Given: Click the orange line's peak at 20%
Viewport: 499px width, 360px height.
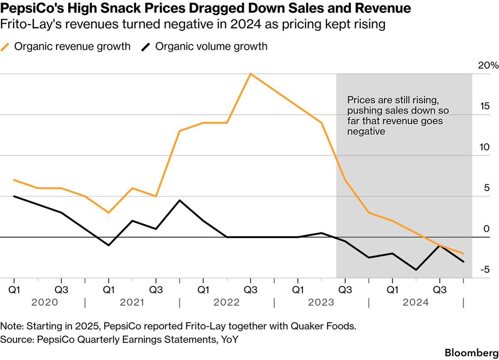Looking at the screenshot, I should (x=250, y=74).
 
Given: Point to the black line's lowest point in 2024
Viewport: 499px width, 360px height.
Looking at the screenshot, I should (x=416, y=270).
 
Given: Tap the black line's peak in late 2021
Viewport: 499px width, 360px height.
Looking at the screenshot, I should (x=179, y=201).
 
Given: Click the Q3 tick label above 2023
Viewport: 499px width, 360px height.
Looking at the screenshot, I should (x=344, y=288).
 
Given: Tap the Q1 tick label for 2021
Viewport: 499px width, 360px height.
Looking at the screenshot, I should (x=109, y=288).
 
